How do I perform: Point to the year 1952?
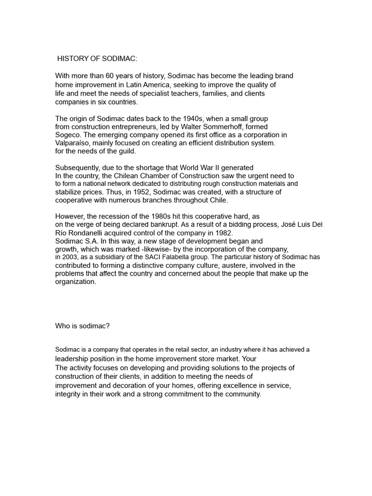pos(141,192)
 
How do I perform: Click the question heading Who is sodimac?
pos(82,326)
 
